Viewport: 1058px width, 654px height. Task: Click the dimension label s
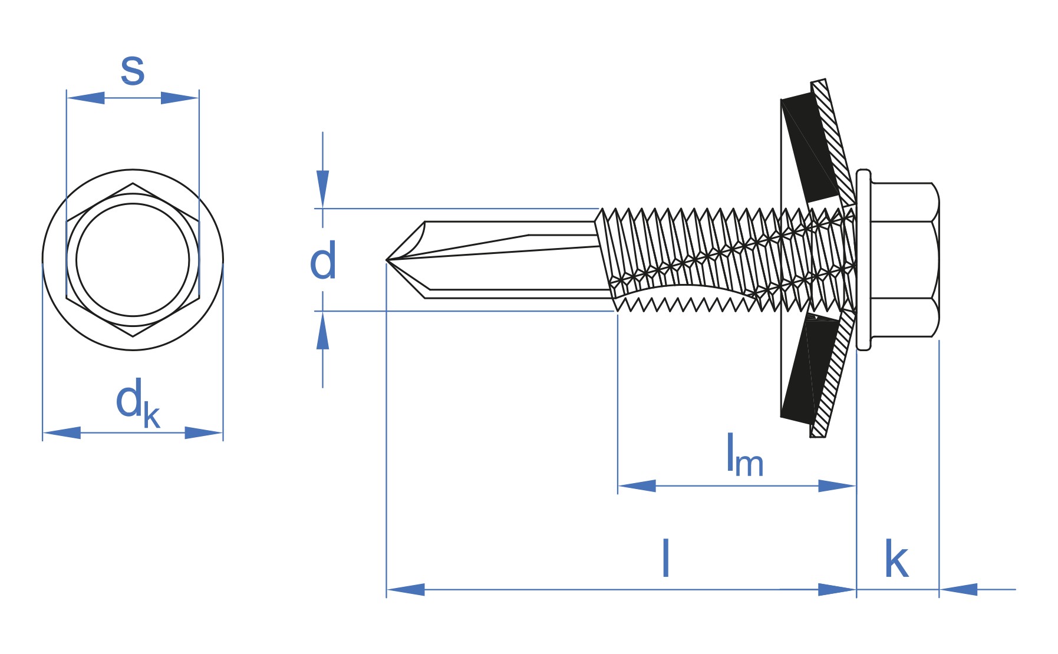point(133,70)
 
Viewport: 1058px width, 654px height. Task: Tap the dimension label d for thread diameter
point(323,261)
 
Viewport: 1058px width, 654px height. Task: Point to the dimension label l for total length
point(665,558)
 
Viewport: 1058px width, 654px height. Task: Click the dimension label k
point(896,560)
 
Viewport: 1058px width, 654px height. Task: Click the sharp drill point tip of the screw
point(388,259)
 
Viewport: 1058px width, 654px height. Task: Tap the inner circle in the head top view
point(133,260)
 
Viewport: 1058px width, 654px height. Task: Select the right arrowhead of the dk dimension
point(204,433)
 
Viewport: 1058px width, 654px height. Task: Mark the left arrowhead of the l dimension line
point(406,589)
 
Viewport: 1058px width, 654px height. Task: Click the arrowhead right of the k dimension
point(958,589)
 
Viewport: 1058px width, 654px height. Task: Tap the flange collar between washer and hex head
point(863,260)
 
